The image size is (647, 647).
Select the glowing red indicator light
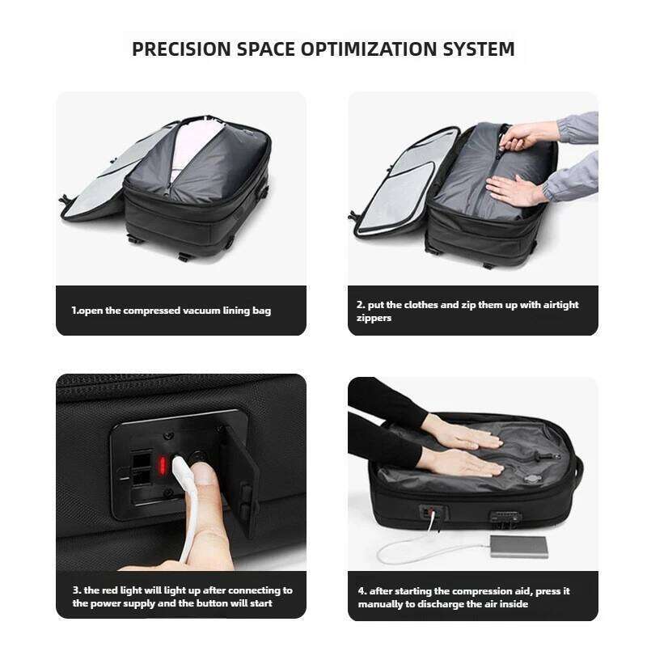[x=163, y=466]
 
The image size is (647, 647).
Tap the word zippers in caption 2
[x=374, y=318]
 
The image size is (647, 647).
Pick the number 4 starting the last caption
[x=361, y=590]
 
